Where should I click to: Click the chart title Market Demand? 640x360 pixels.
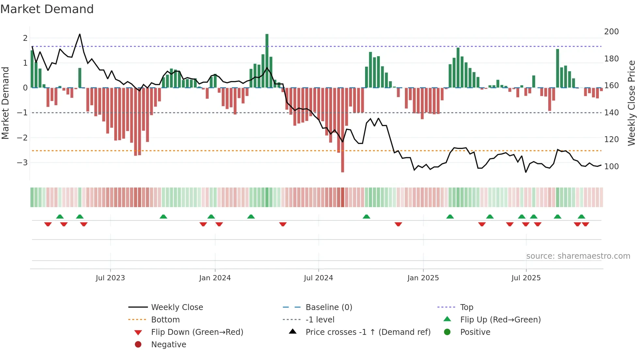(47, 9)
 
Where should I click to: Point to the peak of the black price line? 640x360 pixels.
(80, 34)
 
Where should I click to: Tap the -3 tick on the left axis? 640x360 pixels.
(22, 162)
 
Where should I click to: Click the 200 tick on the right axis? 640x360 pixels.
(611, 32)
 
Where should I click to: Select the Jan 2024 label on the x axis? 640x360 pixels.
(215, 278)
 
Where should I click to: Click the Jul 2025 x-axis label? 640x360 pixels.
(526, 278)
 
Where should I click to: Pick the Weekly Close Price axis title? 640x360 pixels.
(632, 103)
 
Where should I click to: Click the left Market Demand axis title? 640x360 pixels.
(5, 103)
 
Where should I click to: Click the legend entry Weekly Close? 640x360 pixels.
(177, 307)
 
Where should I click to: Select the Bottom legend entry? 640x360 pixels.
(165, 320)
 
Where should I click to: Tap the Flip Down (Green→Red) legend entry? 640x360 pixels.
(197, 332)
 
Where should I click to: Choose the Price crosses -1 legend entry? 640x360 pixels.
(368, 332)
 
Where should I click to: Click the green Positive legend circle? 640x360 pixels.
(447, 332)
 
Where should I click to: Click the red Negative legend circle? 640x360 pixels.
(138, 345)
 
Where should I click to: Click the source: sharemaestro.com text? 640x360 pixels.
(578, 256)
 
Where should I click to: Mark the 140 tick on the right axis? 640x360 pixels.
(611, 113)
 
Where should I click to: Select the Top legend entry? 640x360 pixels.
(466, 307)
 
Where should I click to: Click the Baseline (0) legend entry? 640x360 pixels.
(328, 307)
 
